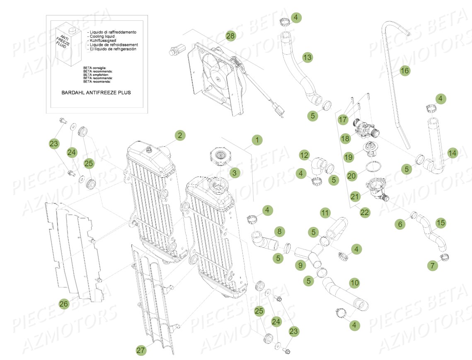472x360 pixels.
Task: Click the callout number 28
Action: pos(230,36)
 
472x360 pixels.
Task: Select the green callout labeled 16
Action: pos(404,71)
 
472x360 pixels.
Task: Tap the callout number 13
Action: pos(307,58)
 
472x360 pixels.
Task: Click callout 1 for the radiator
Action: pos(257,140)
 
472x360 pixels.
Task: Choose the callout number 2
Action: pos(179,135)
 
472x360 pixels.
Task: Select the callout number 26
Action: pos(63,304)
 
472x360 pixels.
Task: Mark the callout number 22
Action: pos(364,213)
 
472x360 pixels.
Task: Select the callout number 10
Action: pos(354,283)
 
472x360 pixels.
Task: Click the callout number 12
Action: pos(304,155)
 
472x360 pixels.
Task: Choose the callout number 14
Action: pos(452,153)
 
